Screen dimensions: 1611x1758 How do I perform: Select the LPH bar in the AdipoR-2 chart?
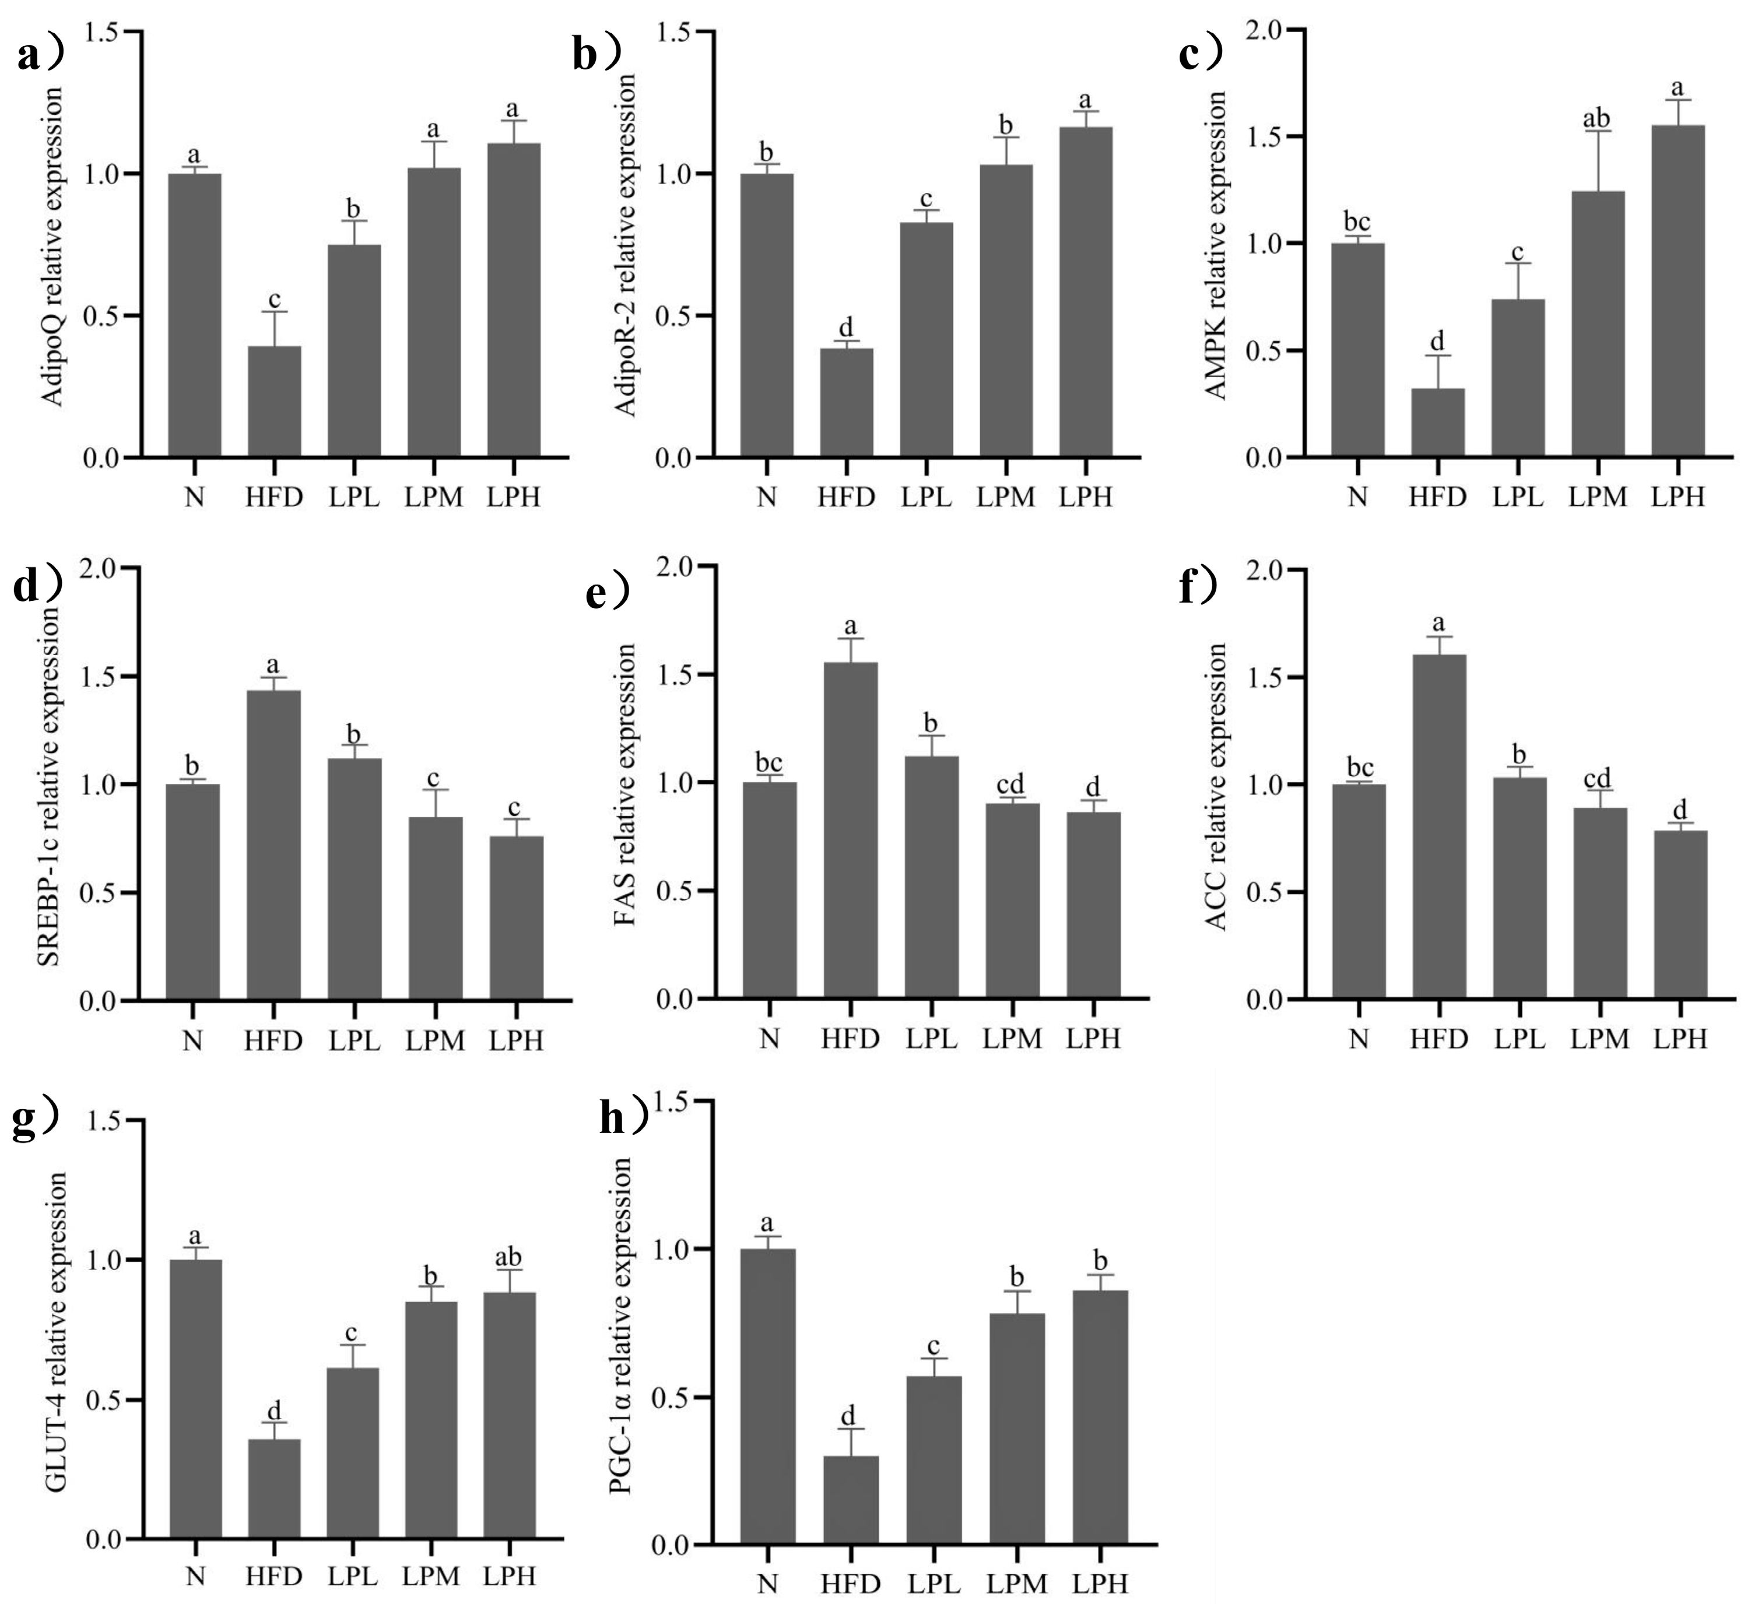1086,292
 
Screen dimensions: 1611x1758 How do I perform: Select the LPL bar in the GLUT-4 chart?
353,1453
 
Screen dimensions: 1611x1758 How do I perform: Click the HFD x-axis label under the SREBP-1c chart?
273,1040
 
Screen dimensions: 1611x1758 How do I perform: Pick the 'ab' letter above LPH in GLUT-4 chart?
508,1256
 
